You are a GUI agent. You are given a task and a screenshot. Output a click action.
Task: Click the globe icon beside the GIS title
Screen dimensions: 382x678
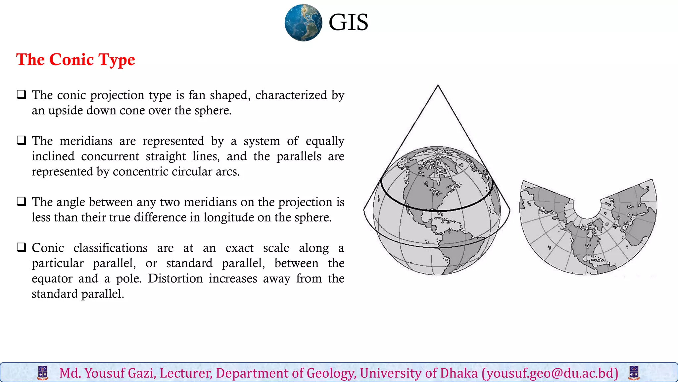click(303, 23)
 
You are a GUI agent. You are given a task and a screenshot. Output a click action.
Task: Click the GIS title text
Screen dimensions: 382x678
click(348, 23)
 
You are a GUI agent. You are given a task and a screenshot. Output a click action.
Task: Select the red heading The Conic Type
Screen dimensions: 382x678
click(75, 60)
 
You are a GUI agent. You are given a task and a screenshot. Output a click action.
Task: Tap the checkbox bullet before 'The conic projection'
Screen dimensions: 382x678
click(22, 95)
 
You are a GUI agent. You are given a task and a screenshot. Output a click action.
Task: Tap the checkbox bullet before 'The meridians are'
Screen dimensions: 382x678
click(22, 141)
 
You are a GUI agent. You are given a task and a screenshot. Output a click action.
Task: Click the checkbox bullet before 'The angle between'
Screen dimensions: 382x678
click(22, 202)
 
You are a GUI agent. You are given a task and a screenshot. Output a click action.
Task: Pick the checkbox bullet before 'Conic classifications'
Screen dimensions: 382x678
click(22, 247)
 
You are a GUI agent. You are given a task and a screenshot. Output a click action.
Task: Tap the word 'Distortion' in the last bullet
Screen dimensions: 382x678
click(175, 279)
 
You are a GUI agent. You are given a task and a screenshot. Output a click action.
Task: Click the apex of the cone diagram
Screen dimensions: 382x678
click(438, 86)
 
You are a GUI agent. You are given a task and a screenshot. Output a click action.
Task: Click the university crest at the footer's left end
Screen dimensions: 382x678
click(43, 373)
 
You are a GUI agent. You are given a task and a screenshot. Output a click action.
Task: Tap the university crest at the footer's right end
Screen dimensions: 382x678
click(634, 373)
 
